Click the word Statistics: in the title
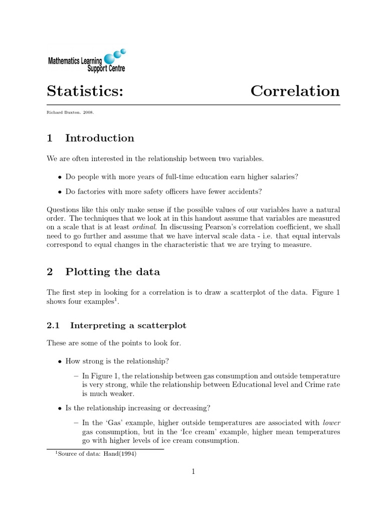[85, 92]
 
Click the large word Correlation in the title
[295, 91]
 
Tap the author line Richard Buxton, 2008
[70, 112]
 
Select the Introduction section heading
[100, 138]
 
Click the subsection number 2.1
[53, 325]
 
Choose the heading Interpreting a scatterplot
[128, 326]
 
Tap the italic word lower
[331, 423]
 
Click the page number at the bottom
[193, 471]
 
